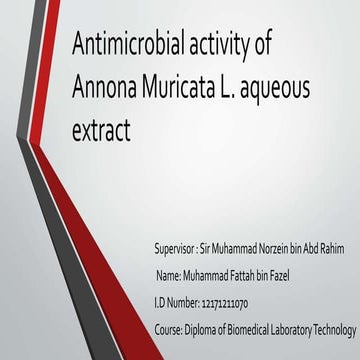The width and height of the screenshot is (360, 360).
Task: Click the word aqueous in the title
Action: point(281,90)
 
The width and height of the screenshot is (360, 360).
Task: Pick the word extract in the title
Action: point(103,130)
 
